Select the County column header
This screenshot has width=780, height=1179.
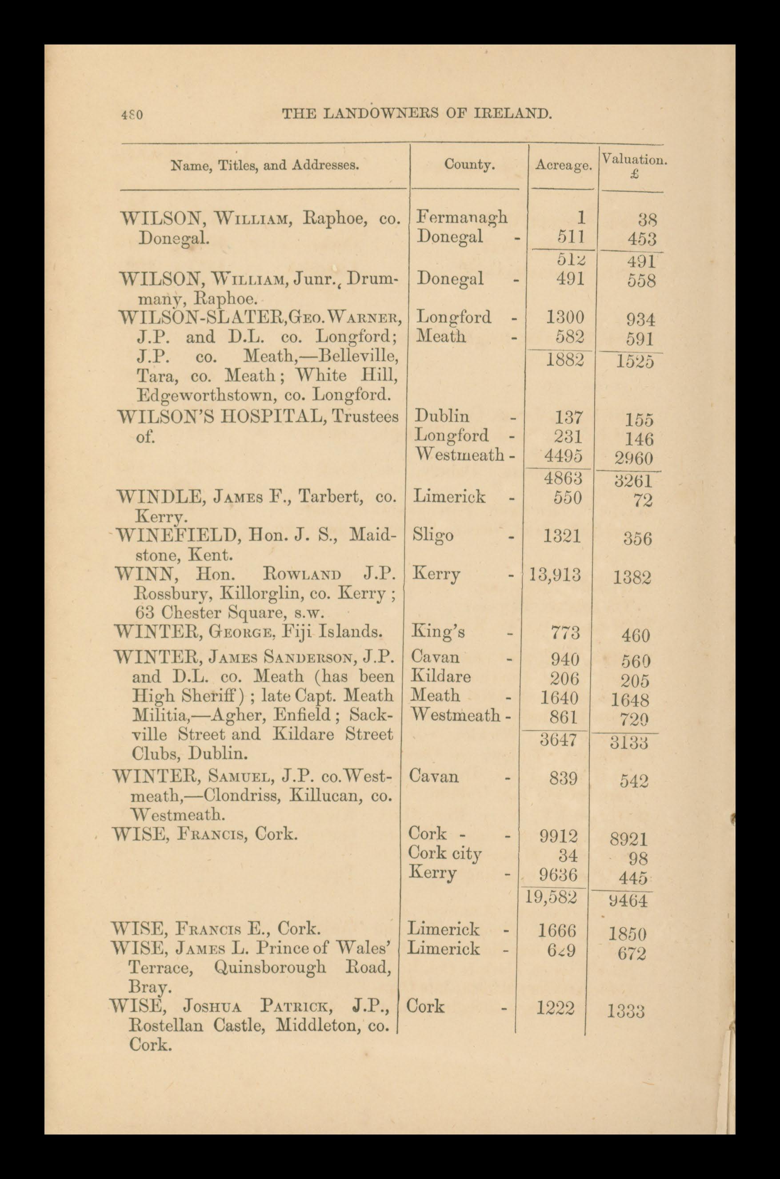tap(469, 165)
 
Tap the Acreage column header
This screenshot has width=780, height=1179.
tap(564, 166)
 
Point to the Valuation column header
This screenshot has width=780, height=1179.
tap(634, 160)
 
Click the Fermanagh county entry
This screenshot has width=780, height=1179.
tap(462, 217)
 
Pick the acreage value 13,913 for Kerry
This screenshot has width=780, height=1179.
tap(556, 575)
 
